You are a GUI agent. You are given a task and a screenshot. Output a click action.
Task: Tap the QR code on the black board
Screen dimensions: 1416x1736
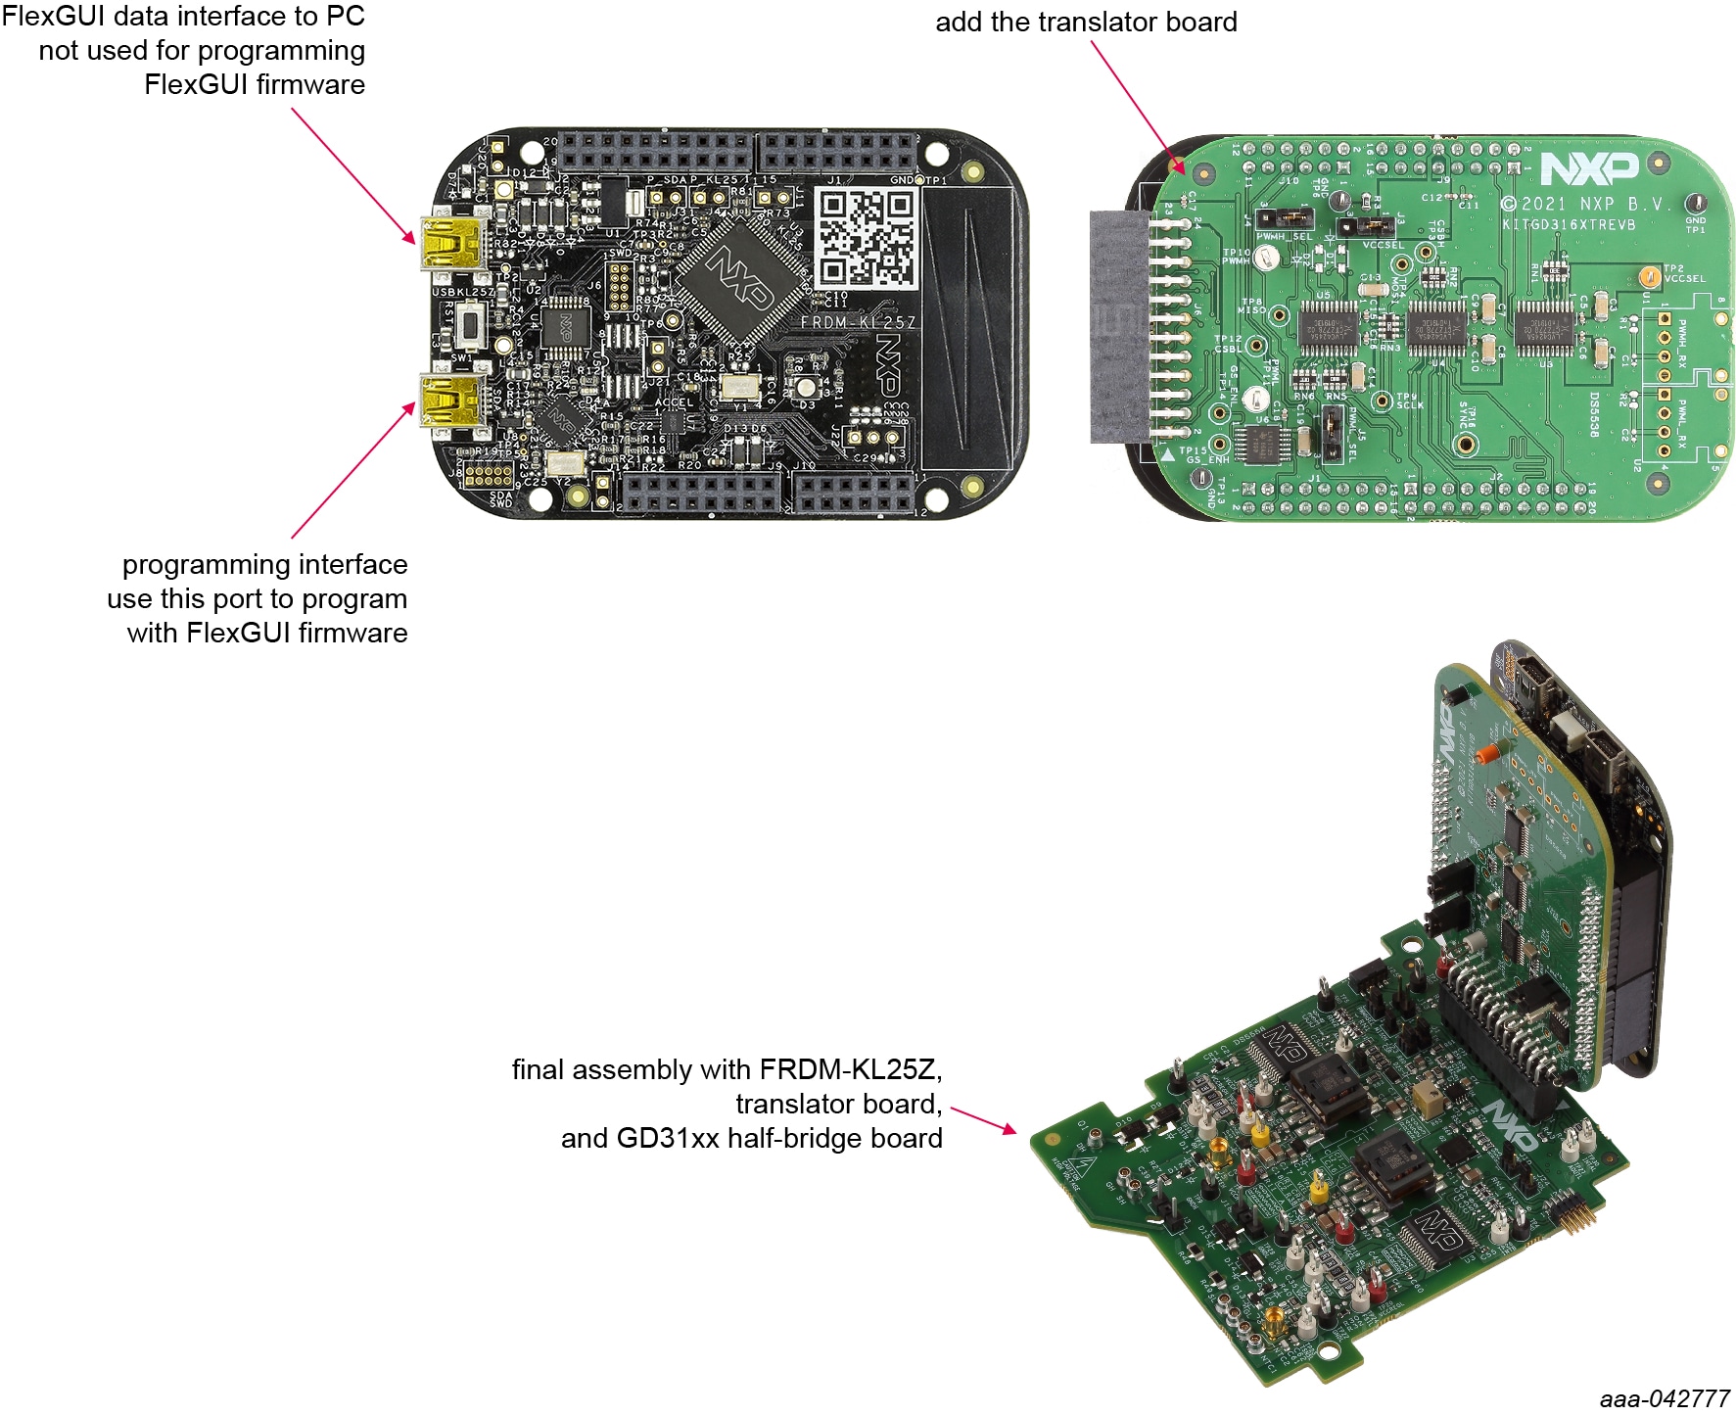point(867,238)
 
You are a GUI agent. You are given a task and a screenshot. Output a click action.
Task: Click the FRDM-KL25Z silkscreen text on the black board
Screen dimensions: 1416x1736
point(858,322)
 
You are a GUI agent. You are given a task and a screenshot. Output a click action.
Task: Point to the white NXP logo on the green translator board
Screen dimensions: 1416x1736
point(1589,168)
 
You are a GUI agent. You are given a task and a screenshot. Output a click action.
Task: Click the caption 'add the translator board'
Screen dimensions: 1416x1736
point(1086,22)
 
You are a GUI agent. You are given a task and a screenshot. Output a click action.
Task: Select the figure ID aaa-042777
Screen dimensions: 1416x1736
point(1665,1398)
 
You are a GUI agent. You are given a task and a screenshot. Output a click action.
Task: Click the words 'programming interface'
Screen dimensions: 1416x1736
point(264,564)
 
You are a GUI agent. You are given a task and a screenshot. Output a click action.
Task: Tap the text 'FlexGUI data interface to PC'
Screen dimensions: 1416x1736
point(183,16)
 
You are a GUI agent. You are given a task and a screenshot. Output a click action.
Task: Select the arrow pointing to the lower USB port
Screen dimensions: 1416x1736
point(352,471)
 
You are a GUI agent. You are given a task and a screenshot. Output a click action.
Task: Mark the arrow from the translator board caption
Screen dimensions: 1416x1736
point(1138,107)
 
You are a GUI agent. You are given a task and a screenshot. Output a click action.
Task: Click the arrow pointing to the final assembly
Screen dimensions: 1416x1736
point(983,1120)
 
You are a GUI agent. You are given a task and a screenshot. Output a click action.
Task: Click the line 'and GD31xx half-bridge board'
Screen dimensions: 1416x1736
point(751,1138)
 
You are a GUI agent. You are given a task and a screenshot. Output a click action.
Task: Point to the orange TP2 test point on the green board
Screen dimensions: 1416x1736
point(1649,275)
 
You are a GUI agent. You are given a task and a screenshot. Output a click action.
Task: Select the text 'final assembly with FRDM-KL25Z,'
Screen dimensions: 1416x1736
point(727,1069)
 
